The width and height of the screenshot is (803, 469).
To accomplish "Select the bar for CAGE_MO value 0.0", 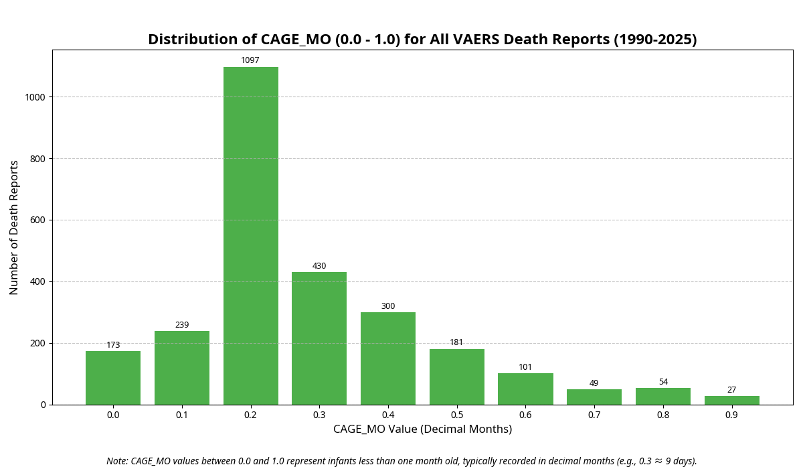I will (x=113, y=378).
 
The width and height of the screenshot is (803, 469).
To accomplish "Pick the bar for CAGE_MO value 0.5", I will (x=456, y=377).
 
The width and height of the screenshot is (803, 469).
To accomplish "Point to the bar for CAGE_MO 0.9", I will (x=731, y=400).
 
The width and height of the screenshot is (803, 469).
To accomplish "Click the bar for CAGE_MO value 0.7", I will (x=594, y=397).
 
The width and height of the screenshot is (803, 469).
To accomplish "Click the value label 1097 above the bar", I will (x=250, y=60).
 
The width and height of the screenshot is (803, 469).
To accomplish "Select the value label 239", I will (x=182, y=325).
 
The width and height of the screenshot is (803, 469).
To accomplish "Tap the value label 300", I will (x=388, y=306).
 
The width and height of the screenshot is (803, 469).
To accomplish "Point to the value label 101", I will (x=525, y=367).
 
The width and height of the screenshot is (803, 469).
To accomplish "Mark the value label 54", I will (x=663, y=382).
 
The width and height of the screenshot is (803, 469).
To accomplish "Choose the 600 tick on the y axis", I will (x=37, y=220).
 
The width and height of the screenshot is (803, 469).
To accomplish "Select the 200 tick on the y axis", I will (x=37, y=343).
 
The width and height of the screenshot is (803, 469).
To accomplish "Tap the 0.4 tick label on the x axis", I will (x=388, y=415).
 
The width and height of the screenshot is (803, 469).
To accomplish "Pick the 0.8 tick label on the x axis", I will (x=663, y=415).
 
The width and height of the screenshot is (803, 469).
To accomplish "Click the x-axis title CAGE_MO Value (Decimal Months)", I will (x=422, y=429).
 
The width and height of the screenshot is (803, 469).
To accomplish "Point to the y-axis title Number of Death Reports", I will (x=14, y=227).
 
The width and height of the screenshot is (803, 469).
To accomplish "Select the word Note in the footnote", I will (x=117, y=461).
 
